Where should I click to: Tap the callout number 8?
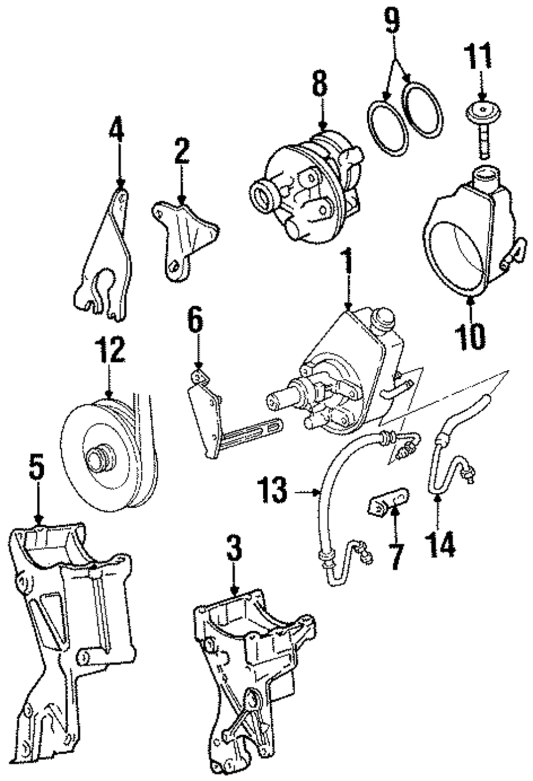(320, 82)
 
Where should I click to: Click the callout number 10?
(470, 336)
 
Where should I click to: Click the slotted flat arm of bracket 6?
(251, 436)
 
